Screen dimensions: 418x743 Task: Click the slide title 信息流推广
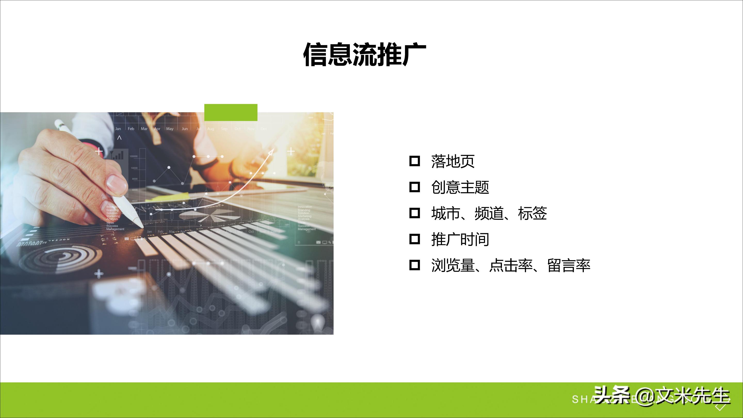pos(365,54)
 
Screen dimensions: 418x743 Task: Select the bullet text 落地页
pos(453,161)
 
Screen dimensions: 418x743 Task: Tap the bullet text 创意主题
pos(460,187)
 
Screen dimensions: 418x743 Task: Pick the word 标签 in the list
pos(532,213)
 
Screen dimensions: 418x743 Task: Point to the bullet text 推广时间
pos(460,239)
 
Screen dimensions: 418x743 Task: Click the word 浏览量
pos(453,266)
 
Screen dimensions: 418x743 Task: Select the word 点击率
pos(511,266)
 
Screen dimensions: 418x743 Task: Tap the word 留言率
pos(569,266)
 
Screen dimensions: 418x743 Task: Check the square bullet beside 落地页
pos(415,161)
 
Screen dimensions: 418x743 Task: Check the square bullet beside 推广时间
pos(415,239)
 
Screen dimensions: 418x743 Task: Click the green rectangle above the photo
pos(231,112)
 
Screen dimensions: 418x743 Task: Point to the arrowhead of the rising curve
pos(271,152)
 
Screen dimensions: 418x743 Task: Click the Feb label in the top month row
pos(131,129)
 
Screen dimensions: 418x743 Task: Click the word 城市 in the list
pos(446,213)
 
